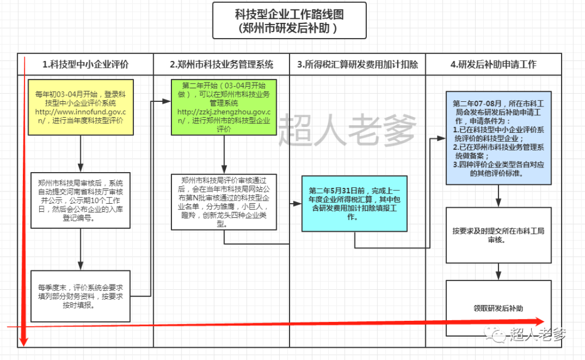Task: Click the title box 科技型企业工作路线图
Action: pyautogui.click(x=290, y=20)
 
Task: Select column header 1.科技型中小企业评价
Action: pyautogui.click(x=85, y=64)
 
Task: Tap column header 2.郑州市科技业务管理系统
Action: pyautogui.click(x=222, y=64)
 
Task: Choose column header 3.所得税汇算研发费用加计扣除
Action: pyautogui.click(x=357, y=64)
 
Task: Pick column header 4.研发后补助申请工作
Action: pyautogui.click(x=494, y=64)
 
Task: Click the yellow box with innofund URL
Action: pyautogui.click(x=81, y=107)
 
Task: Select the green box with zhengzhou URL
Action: pyautogui.click(x=224, y=107)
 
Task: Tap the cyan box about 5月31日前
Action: pyautogui.click(x=355, y=204)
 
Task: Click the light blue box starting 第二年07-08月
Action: pyautogui.click(x=499, y=138)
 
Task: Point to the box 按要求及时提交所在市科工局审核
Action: pyautogui.click(x=499, y=235)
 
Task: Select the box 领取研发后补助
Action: pyautogui.click(x=499, y=308)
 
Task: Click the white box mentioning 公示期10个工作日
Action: pyautogui.click(x=81, y=200)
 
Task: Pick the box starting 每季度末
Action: pyautogui.click(x=81, y=296)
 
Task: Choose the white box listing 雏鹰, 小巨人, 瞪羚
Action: pyautogui.click(x=224, y=202)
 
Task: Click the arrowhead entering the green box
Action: pyautogui.click(x=167, y=101)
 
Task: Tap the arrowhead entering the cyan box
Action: pyautogui.click(x=297, y=204)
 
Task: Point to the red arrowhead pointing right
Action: pyautogui.click(x=539, y=321)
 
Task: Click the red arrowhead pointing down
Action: pyautogui.click(x=23, y=341)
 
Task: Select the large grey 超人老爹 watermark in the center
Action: pyautogui.click(x=347, y=129)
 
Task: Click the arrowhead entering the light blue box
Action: pyautogui.click(x=442, y=138)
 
